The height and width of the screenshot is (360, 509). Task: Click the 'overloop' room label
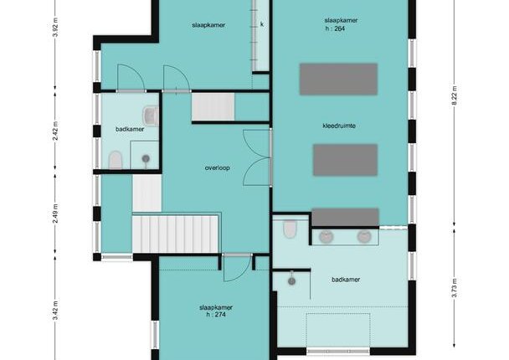[217, 167]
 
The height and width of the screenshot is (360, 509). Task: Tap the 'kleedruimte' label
[339, 126]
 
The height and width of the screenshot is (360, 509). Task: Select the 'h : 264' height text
[335, 28]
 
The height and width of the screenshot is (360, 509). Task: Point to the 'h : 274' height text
[216, 315]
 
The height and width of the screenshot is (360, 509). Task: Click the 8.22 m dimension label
[455, 95]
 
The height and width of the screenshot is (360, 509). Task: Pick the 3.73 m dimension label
[455, 288]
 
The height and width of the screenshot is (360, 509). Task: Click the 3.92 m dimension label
[55, 28]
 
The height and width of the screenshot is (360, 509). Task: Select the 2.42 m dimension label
[55, 131]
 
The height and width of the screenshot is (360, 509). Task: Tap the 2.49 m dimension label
[55, 213]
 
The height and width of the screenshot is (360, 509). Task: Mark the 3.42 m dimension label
[55, 311]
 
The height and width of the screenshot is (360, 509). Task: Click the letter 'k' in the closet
[262, 24]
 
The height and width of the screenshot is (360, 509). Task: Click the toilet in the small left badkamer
[116, 160]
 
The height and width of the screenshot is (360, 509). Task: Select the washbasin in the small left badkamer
[151, 116]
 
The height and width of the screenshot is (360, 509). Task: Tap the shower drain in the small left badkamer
[146, 158]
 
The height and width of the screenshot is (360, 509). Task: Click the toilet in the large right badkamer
[290, 229]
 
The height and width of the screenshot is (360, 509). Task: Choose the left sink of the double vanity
[326, 237]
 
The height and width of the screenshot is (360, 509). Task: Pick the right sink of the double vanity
[364, 237]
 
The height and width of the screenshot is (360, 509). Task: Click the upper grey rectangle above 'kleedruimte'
[338, 80]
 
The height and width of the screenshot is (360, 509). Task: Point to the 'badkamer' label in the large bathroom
[346, 280]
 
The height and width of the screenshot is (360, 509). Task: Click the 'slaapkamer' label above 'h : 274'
[216, 307]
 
